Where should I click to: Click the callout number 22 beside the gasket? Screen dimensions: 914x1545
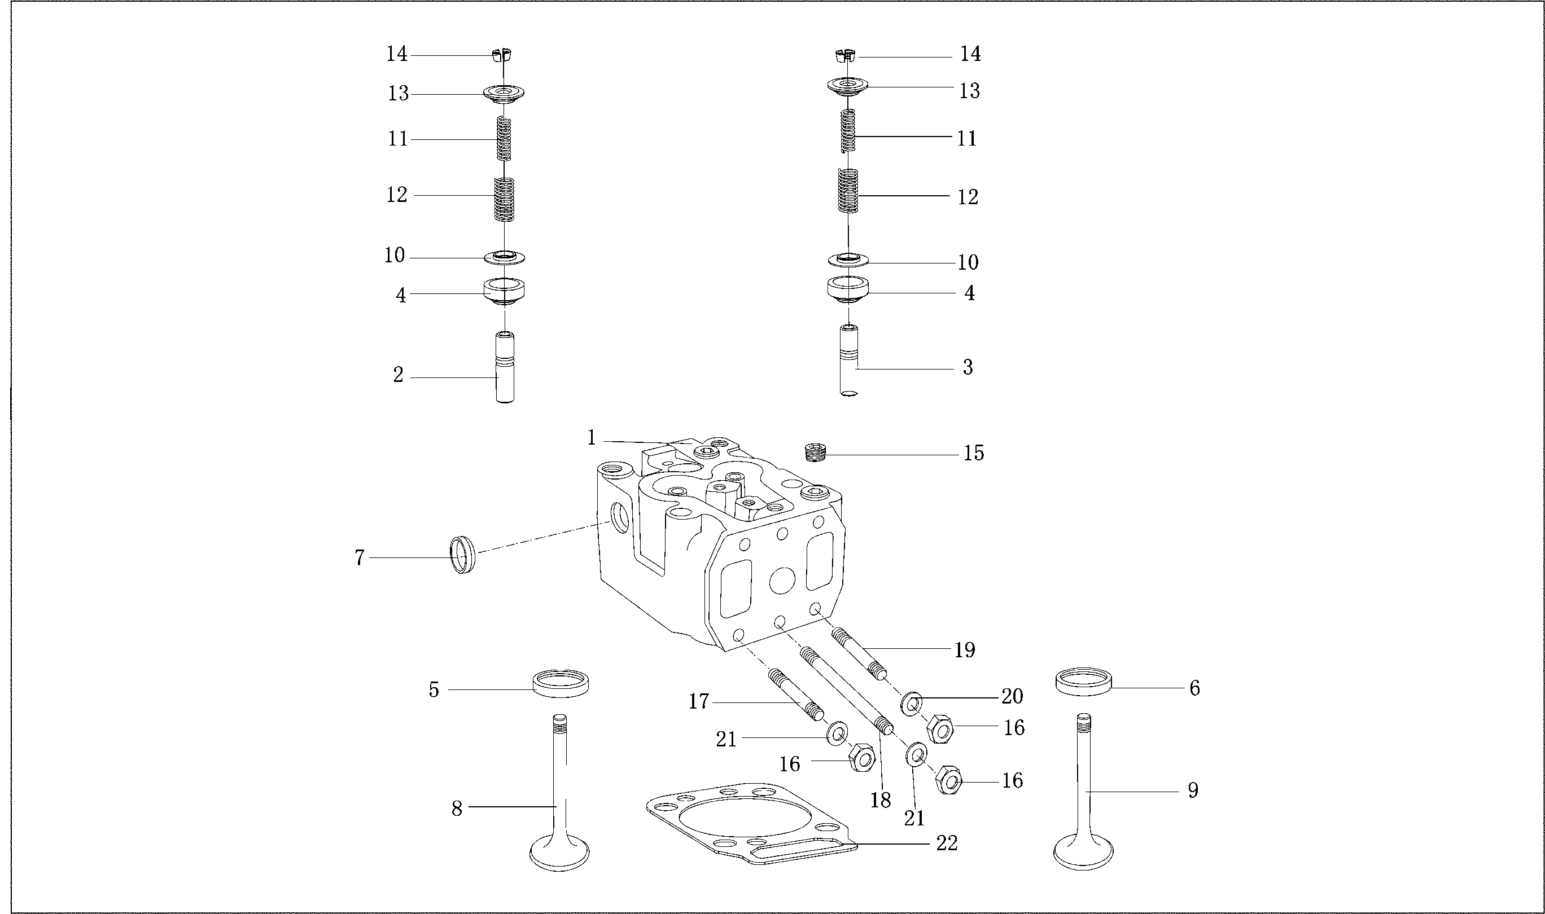point(947,843)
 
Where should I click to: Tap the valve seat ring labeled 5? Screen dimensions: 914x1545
point(560,684)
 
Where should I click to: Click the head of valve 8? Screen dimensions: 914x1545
point(559,854)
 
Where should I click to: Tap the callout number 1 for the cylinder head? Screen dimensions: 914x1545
point(592,438)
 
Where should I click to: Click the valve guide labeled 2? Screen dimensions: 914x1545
point(505,368)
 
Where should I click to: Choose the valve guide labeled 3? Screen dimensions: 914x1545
point(848,361)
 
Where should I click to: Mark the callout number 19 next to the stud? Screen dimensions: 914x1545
point(965,650)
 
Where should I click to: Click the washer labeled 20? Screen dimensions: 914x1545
point(912,704)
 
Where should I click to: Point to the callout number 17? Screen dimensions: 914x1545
point(699,701)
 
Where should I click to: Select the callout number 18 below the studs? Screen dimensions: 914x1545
point(880,800)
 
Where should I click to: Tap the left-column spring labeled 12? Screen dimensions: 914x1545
point(505,199)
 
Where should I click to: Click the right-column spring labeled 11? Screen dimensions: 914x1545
point(848,130)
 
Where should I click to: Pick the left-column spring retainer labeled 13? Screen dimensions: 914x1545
point(504,94)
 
